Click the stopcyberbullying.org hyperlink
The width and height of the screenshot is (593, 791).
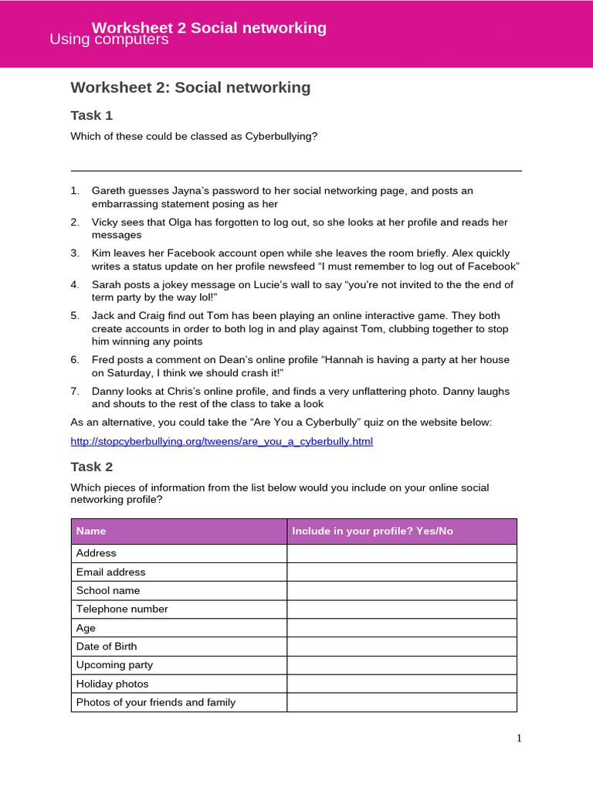[x=222, y=441]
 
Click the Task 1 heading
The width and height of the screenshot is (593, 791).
[x=92, y=115]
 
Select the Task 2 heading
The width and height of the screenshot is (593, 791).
[x=92, y=467]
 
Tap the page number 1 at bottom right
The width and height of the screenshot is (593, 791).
[x=519, y=738]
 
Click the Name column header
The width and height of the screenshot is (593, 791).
[x=91, y=531]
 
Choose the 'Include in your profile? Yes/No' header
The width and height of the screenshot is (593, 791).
[x=372, y=531]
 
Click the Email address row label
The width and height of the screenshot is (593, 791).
[x=110, y=572]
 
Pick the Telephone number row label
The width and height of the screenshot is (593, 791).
[x=121, y=609]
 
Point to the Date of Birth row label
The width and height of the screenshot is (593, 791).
[x=107, y=646]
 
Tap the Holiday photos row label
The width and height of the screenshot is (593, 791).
[x=112, y=684]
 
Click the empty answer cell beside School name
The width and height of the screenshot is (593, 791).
[x=402, y=590]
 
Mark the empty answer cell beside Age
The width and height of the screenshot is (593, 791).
[x=402, y=627]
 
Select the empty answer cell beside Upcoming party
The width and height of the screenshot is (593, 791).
[x=402, y=664]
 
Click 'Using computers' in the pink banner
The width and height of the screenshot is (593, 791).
[x=109, y=39]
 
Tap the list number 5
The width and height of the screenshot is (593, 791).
[x=75, y=315]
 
